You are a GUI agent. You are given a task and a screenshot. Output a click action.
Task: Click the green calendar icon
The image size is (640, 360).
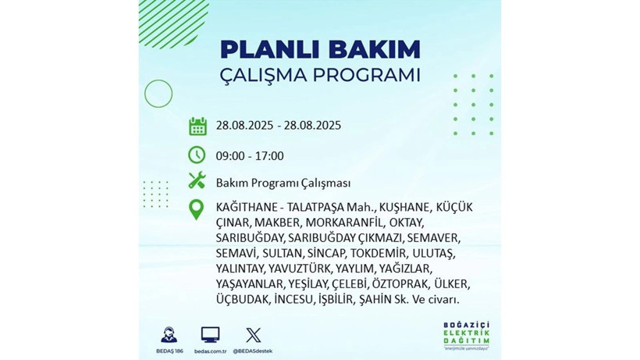197,126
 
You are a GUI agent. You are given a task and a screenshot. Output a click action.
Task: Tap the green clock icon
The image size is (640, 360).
197,155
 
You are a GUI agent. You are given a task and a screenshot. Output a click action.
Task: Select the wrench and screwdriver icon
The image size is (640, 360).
197,182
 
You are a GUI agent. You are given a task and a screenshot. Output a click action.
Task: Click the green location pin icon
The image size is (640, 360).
197,209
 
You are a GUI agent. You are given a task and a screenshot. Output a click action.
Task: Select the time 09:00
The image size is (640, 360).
231,155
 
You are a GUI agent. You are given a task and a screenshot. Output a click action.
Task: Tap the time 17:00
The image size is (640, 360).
269,155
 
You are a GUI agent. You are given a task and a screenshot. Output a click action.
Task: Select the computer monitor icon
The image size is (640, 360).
210,334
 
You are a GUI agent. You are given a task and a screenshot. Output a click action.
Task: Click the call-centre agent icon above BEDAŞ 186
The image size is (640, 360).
168,334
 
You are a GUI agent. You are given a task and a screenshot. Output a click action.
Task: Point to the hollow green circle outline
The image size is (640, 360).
158,94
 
